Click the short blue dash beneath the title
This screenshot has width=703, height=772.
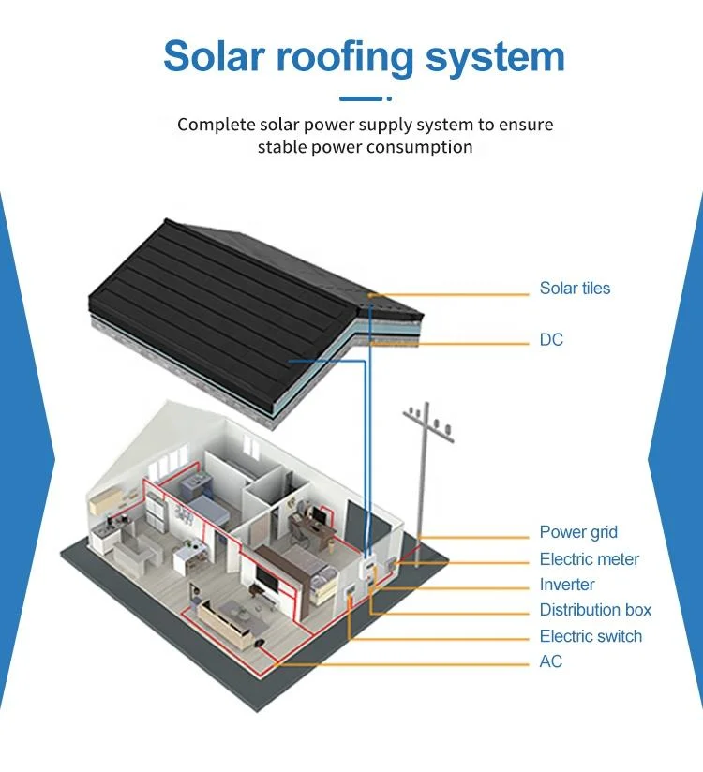pyautogui.click(x=360, y=98)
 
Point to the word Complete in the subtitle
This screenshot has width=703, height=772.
pyautogui.click(x=221, y=125)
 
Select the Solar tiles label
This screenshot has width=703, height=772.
pyautogui.click(x=575, y=289)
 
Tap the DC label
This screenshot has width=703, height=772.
pyautogui.click(x=551, y=340)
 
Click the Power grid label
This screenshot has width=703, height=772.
pyautogui.click(x=578, y=532)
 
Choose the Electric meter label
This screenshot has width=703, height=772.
pyautogui.click(x=589, y=559)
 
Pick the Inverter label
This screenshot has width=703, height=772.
pyautogui.click(x=567, y=585)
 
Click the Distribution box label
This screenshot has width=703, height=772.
pyautogui.click(x=595, y=610)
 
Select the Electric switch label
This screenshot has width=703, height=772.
pyautogui.click(x=591, y=636)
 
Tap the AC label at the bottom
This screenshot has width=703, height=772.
pyautogui.click(x=551, y=661)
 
